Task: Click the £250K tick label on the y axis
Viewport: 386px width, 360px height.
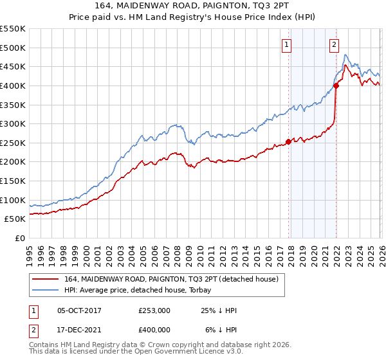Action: [x=13, y=143]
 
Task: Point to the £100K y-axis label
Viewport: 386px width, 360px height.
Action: [x=13, y=200]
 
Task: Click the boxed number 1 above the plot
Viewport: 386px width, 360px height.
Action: [x=286, y=44]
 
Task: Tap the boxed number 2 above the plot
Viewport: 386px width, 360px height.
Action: [x=335, y=44]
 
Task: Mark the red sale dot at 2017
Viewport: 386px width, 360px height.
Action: [x=288, y=142]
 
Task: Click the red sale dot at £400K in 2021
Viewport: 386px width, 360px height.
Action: [x=336, y=85]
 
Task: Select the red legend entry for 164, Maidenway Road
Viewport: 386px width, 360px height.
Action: [x=170, y=279]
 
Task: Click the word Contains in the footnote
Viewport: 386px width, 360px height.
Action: [x=46, y=345]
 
